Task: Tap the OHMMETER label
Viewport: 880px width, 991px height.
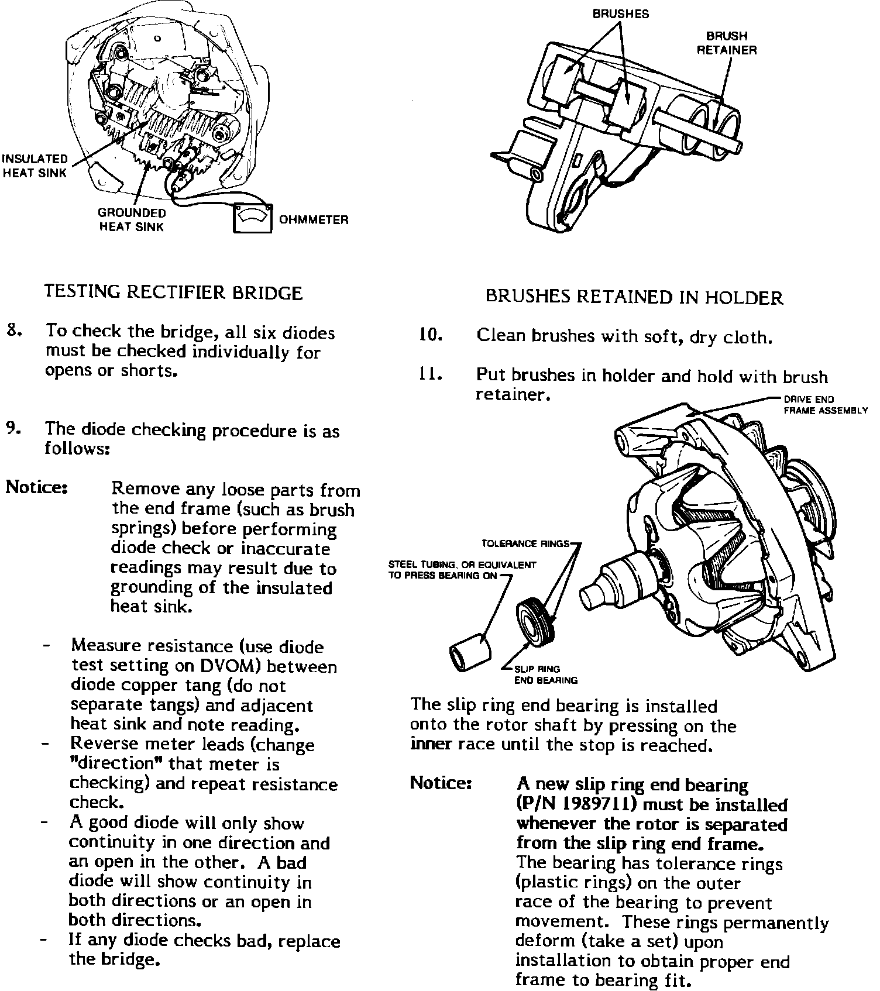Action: coord(314,220)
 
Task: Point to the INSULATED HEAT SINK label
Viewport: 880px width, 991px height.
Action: coord(35,166)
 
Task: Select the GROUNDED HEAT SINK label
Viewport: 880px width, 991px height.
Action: coord(132,220)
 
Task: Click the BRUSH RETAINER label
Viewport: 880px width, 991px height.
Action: coord(726,43)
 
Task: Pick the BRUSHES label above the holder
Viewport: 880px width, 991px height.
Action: coord(621,14)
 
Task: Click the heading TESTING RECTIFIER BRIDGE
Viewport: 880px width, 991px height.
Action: coord(174,293)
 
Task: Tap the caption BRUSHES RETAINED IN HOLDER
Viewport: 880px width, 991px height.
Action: coord(634,297)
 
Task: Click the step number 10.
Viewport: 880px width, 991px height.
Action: coord(431,335)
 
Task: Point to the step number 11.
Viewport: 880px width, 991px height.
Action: coord(431,374)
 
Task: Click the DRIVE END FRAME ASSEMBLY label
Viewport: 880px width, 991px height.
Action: coord(825,405)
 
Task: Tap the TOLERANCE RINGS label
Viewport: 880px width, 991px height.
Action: coord(525,543)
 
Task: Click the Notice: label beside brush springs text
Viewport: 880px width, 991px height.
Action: coord(37,487)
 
